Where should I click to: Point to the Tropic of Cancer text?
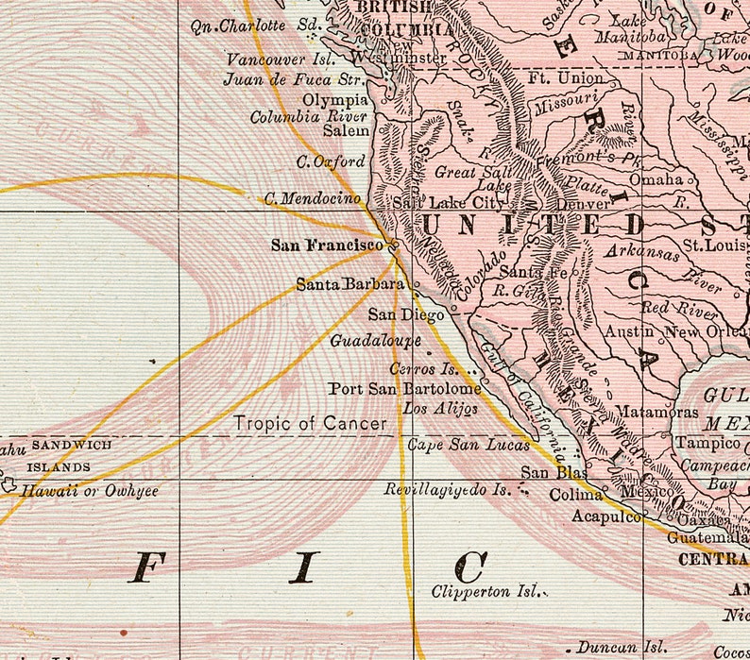click(x=311, y=424)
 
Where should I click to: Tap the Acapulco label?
click(x=606, y=516)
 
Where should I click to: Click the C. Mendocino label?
click(x=313, y=199)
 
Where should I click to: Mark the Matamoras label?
click(x=657, y=412)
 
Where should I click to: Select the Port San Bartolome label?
click(x=404, y=388)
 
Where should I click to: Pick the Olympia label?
click(x=335, y=99)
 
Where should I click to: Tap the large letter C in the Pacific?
click(x=469, y=567)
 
